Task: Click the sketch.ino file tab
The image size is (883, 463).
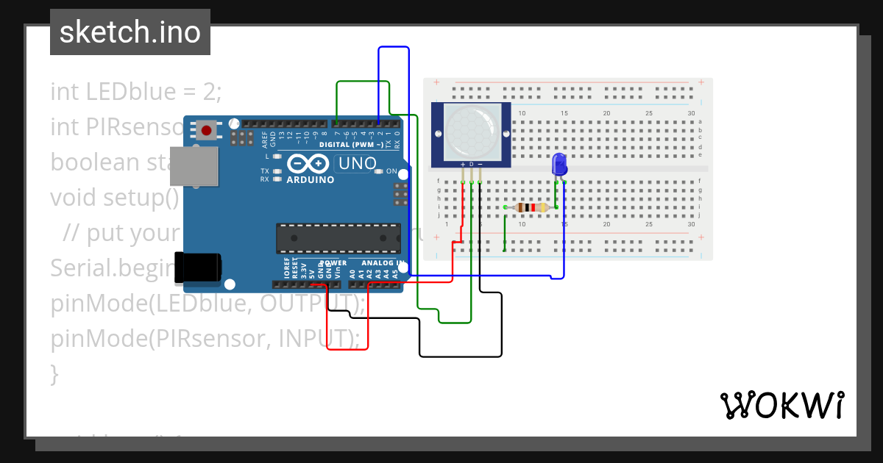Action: [x=130, y=32]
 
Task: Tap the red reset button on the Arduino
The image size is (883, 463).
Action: [x=207, y=132]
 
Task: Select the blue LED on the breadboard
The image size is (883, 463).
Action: [x=558, y=164]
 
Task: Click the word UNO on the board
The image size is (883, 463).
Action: [x=356, y=163]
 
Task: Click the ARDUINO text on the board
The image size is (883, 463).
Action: [x=310, y=180]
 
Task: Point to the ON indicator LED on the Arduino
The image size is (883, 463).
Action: [x=379, y=172]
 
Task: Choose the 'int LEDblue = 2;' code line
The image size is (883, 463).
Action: [x=136, y=92]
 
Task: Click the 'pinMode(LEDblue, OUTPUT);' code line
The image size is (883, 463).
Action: [x=208, y=304]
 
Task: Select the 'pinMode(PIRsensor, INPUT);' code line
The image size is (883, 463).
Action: [x=205, y=339]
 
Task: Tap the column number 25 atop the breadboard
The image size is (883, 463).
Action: [x=649, y=113]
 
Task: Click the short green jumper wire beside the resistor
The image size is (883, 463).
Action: [x=505, y=229]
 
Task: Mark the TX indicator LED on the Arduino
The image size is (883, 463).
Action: [x=277, y=171]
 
